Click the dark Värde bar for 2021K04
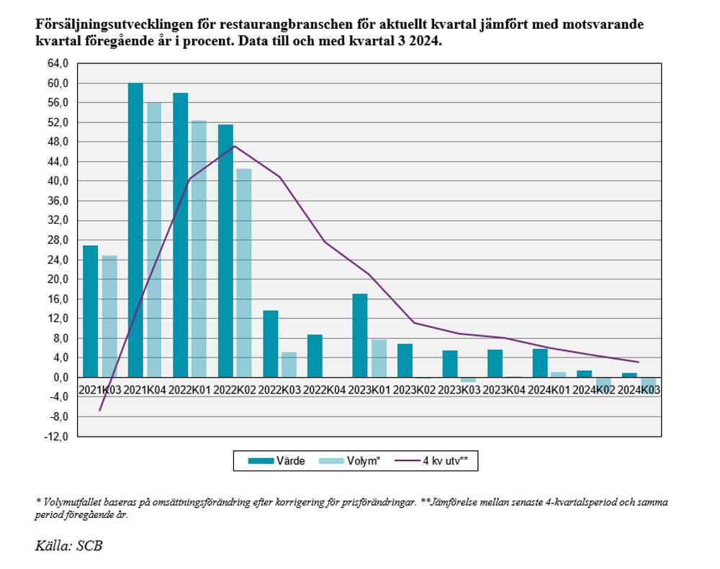pos(135,230)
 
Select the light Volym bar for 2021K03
pos(109,317)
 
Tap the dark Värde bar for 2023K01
pos(360,335)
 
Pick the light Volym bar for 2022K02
pos(244,273)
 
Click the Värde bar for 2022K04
pos(315,355)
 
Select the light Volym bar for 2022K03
pos(289,364)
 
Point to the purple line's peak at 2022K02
pos(235,146)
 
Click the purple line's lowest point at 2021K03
pos(100,410)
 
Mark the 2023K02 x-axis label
pos(414,388)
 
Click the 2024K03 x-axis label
pos(639,388)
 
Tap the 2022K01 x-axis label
pos(189,388)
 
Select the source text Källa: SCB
pos(68,545)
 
